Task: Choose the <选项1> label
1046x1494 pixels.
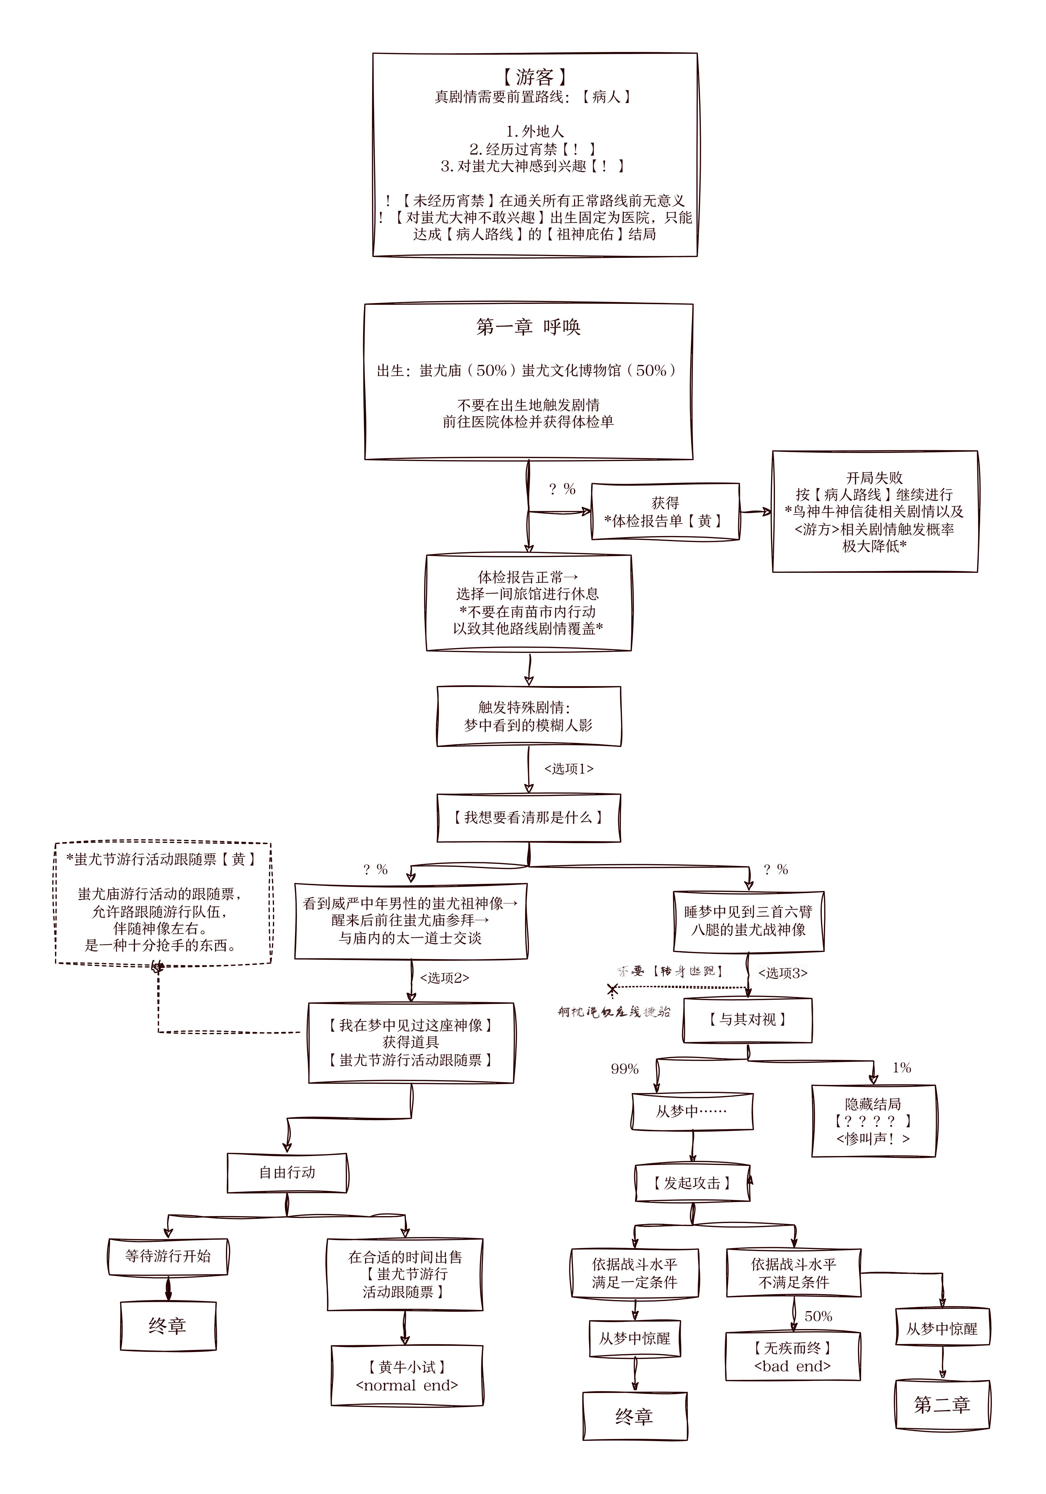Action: tap(568, 769)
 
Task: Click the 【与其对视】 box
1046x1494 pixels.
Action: tap(747, 1019)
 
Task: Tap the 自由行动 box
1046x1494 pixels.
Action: tap(287, 1172)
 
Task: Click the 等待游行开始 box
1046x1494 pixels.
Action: tap(168, 1256)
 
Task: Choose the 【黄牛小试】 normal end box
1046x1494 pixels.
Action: tap(407, 1376)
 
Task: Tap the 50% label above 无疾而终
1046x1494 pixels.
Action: tap(818, 1316)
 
